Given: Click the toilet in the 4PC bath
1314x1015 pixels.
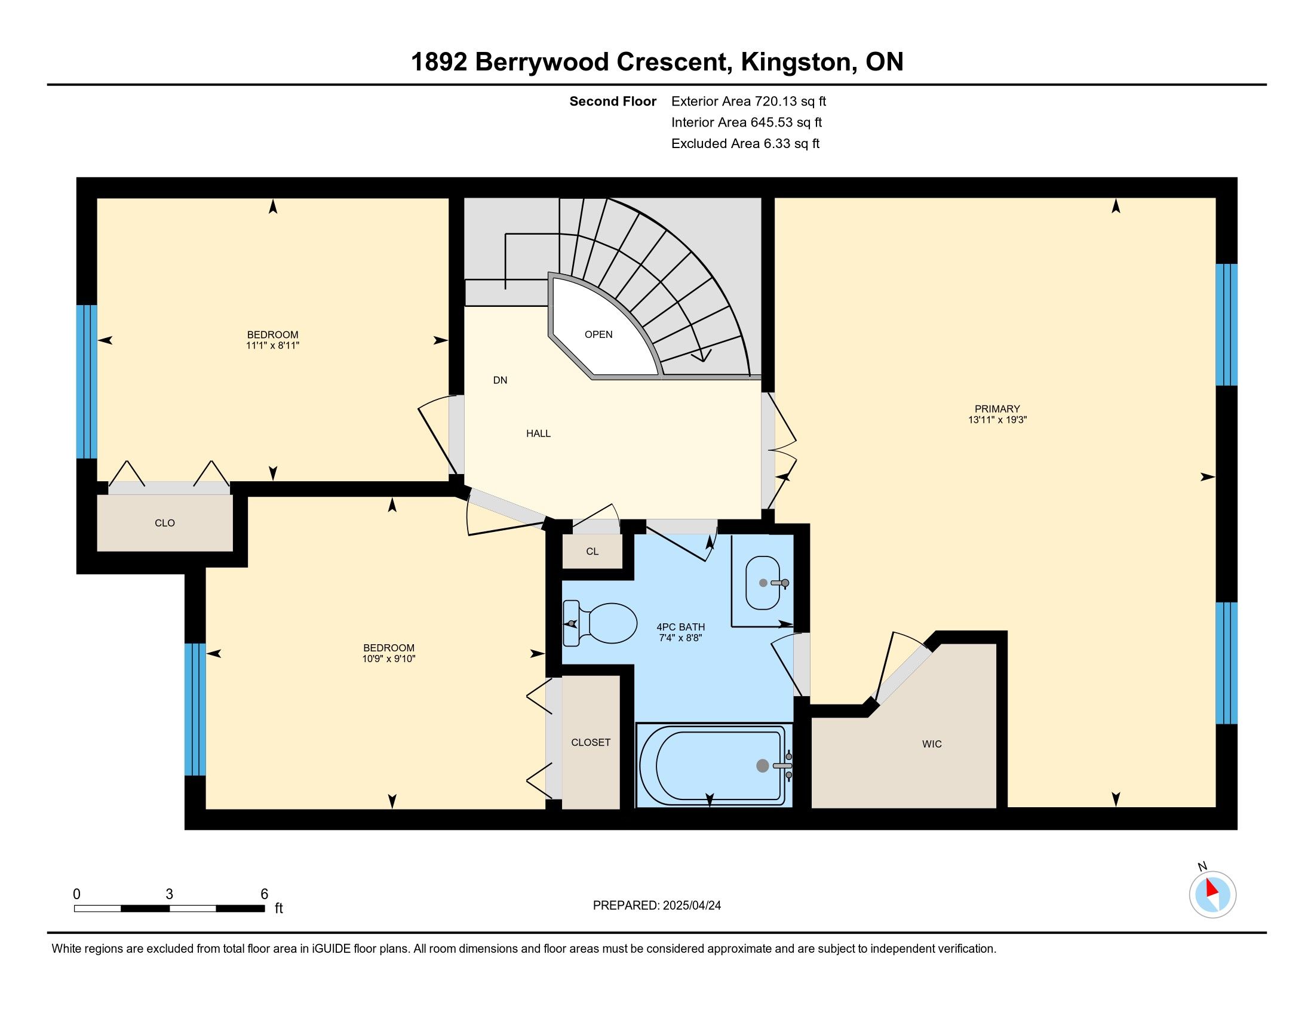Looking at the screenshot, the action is click(x=600, y=623).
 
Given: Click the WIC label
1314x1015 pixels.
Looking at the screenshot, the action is click(x=932, y=745).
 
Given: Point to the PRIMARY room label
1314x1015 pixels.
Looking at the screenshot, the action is click(x=997, y=409).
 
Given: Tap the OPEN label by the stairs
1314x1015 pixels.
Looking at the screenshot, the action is click(x=598, y=334).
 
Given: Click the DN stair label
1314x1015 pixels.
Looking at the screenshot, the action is click(x=500, y=380).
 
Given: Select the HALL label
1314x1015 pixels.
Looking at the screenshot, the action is click(x=539, y=433).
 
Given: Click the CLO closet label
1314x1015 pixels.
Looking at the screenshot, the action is click(x=165, y=523).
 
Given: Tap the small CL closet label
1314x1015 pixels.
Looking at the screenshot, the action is click(x=592, y=552).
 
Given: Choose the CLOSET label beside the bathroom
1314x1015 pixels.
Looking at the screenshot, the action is click(x=591, y=743).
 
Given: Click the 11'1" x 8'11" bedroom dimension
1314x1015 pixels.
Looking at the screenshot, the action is click(x=272, y=346).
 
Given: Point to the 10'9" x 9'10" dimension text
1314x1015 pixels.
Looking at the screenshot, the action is click(x=389, y=659).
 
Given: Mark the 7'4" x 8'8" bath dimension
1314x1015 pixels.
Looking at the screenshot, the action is click(x=680, y=638).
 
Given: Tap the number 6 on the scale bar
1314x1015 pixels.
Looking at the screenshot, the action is click(x=264, y=894).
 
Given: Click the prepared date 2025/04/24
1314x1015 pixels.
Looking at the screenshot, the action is click(x=690, y=906).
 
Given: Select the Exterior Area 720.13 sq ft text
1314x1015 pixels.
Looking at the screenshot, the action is click(x=749, y=101).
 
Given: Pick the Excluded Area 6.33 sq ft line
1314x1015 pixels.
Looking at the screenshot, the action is click(x=745, y=144).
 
